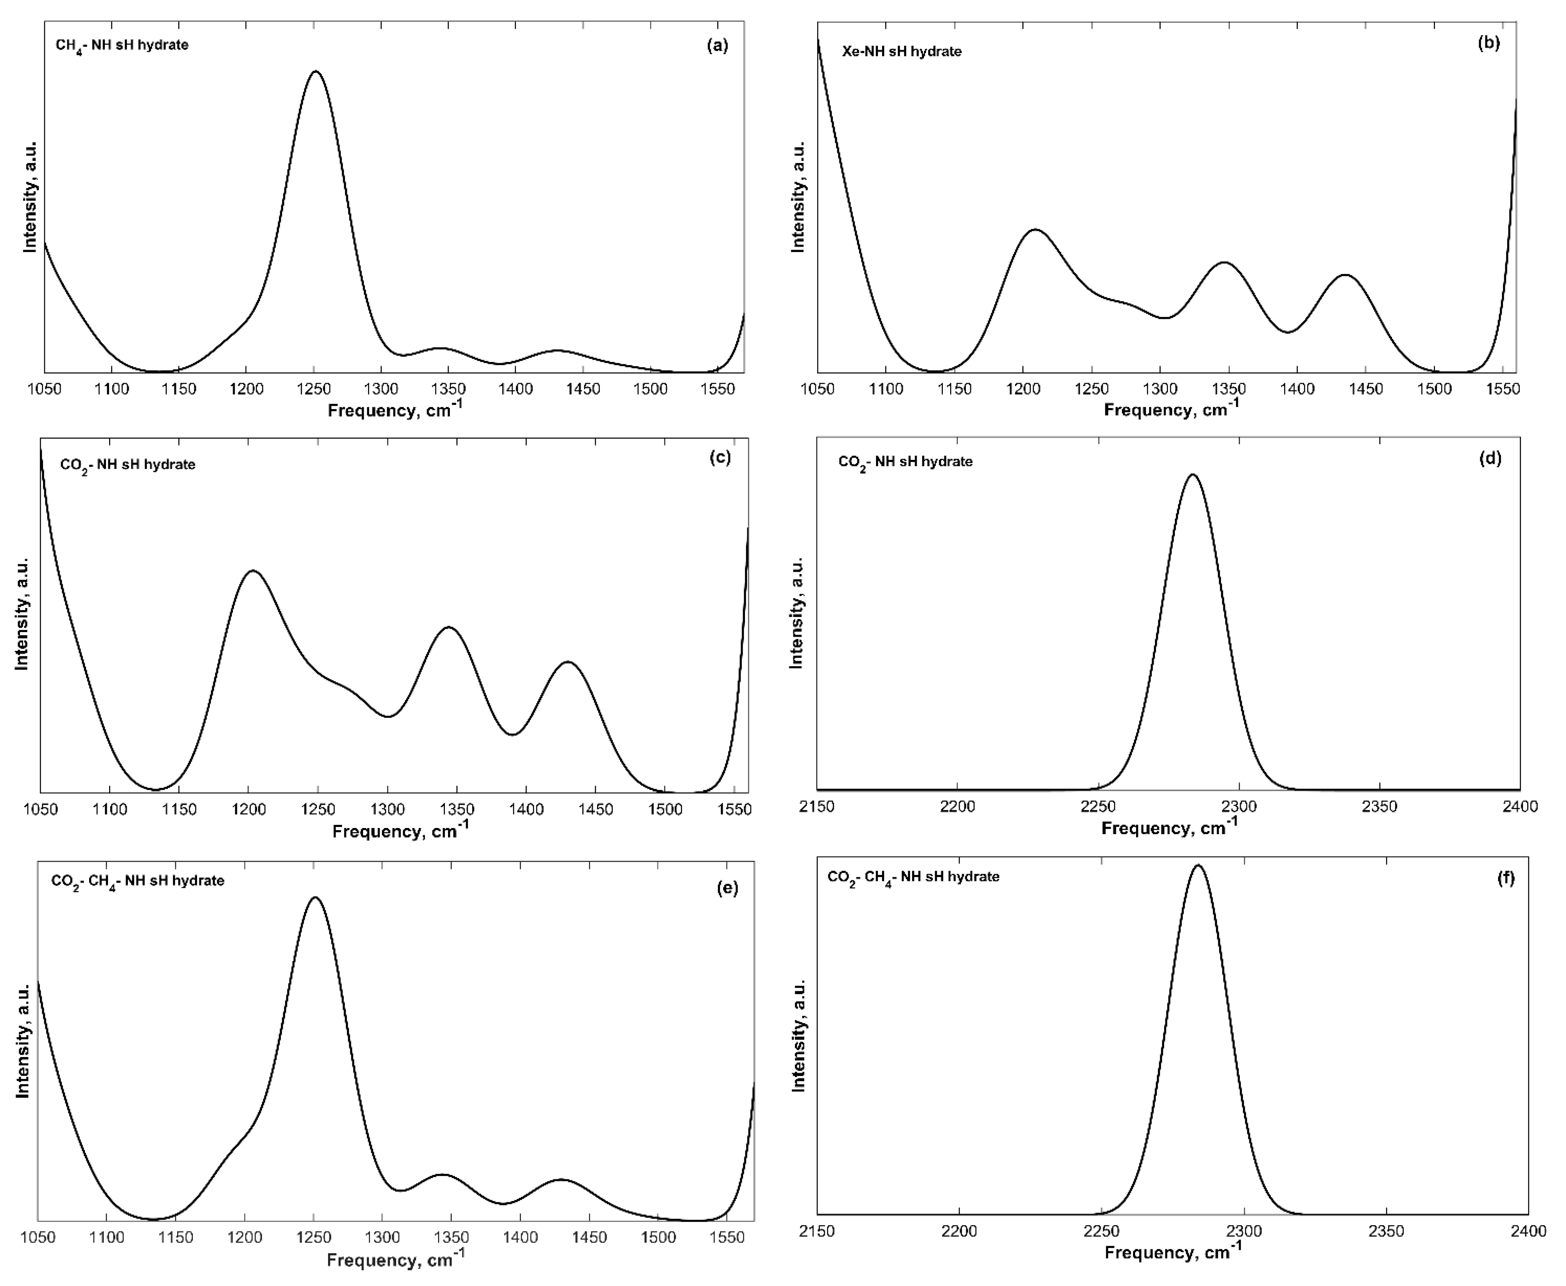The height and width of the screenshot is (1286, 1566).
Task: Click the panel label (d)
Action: pos(1490,458)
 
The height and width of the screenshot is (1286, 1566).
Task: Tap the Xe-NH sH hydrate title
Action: pos(901,51)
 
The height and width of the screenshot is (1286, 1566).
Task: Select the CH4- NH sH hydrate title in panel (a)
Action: pos(122,45)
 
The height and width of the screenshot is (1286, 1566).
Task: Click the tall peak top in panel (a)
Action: pos(316,72)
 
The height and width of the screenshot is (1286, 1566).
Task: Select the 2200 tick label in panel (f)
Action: pos(959,1231)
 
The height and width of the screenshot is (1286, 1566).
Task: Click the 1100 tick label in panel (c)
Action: pos(109,809)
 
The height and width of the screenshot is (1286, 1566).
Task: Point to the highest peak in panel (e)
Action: pos(315,898)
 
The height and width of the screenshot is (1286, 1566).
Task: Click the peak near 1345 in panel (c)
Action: pos(448,627)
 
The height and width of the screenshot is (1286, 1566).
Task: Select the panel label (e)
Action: pos(727,888)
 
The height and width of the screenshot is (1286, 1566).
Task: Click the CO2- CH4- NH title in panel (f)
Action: pos(912,876)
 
